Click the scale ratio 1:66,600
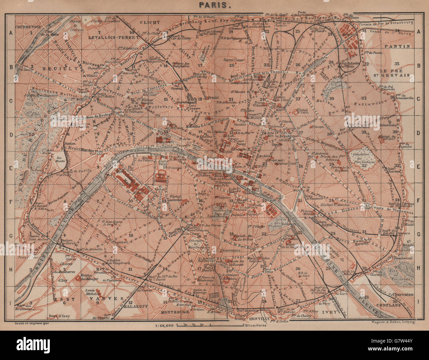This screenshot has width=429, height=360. pos(164,326)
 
